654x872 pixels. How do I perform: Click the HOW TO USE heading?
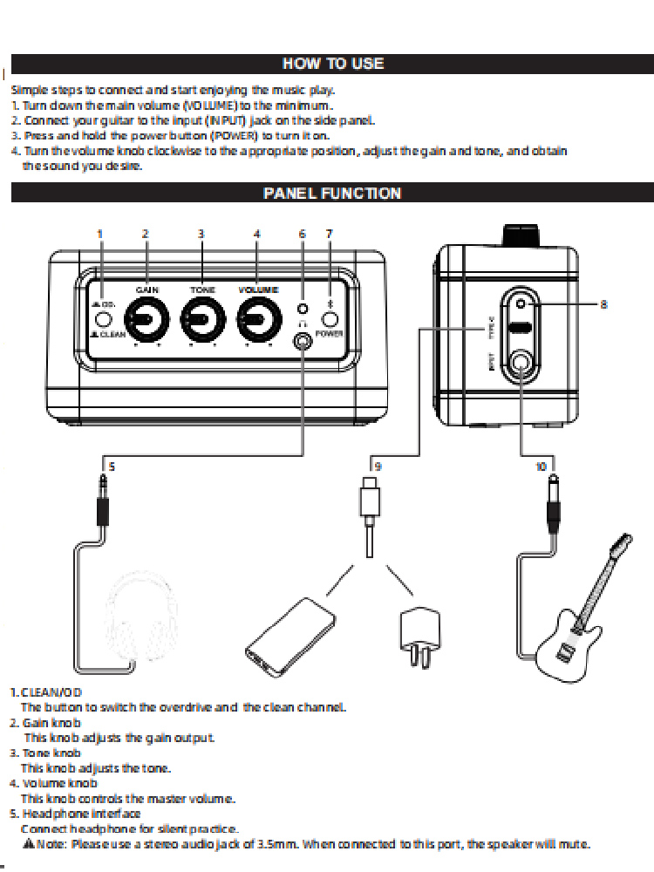(332, 64)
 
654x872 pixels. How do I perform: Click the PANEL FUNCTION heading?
(332, 193)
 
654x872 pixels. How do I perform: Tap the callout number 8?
(604, 304)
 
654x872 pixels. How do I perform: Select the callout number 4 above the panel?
(256, 234)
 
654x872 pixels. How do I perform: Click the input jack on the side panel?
(521, 361)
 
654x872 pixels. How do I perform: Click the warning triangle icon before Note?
(28, 844)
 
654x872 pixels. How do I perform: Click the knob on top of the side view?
(521, 235)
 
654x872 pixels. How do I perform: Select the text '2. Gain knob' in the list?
(45, 723)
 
